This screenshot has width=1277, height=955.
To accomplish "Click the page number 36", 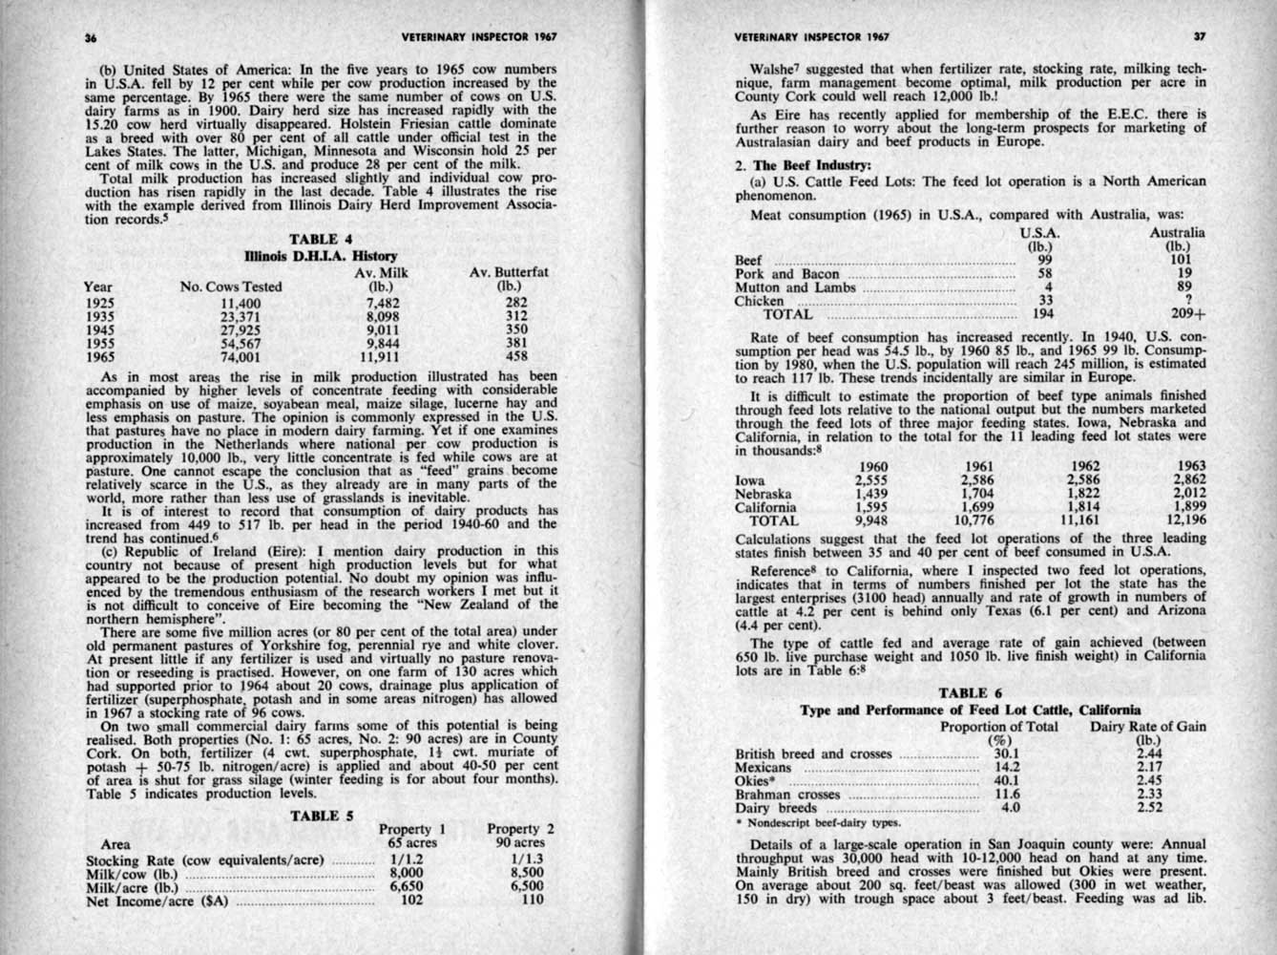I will click(92, 37).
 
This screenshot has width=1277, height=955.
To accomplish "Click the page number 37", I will click(1199, 37).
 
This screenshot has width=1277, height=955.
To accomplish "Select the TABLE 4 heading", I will click(321, 239).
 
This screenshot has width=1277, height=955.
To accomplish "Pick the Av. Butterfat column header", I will click(509, 272).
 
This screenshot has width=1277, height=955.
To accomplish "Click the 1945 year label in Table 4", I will click(99, 331).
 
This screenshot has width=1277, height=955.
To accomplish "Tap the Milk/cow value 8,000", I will click(406, 872).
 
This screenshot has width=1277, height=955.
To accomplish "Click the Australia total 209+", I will click(1188, 313).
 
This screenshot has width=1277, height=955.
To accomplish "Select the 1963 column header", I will click(1191, 467).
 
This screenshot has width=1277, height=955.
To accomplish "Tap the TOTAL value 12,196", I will click(1186, 520).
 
